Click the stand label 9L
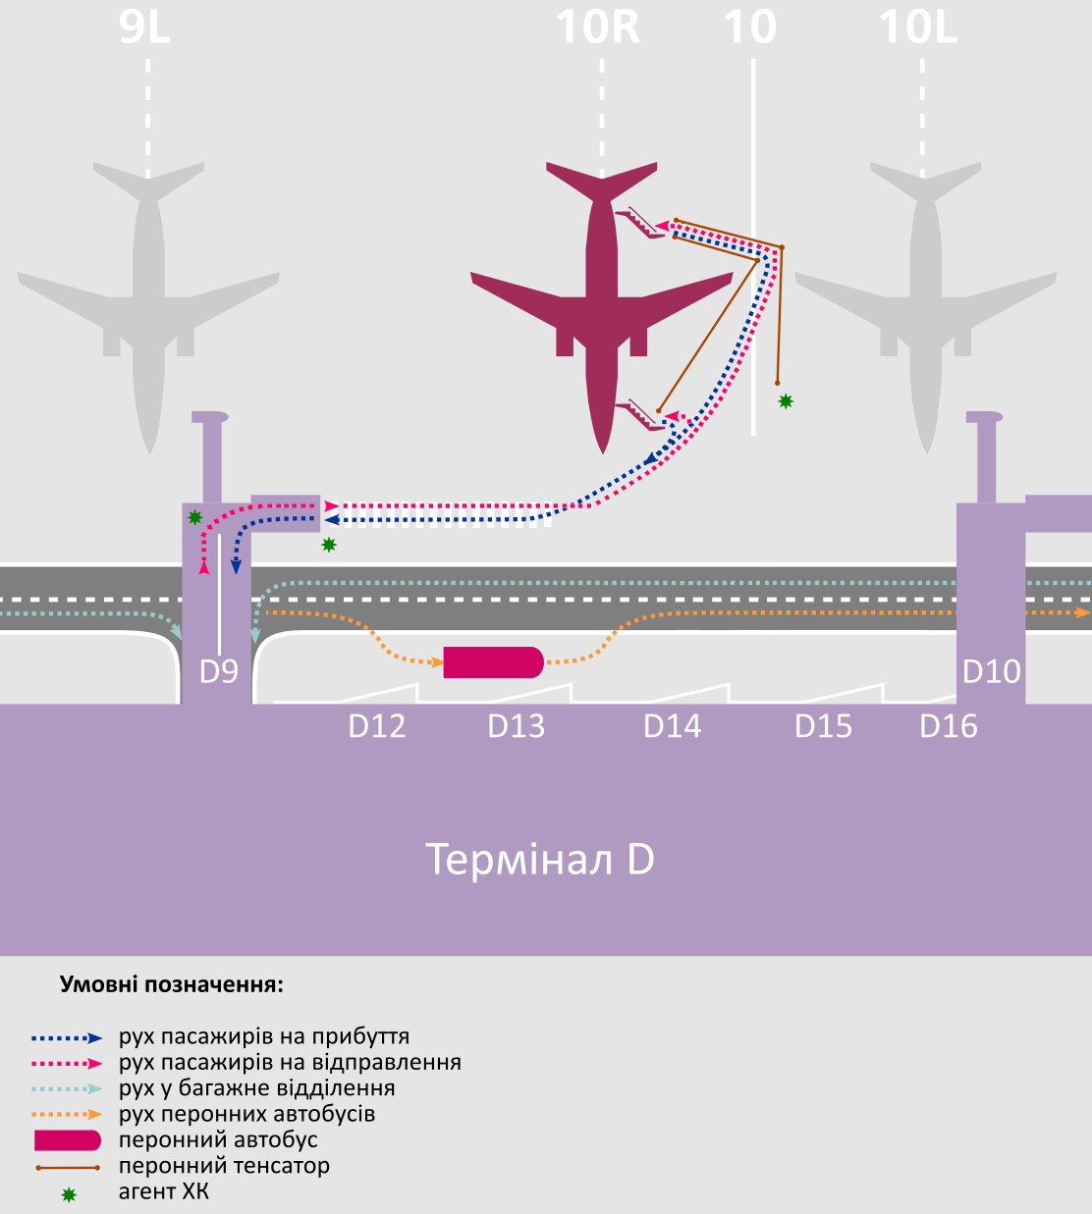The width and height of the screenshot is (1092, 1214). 144,27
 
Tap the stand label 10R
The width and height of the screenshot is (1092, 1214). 598,27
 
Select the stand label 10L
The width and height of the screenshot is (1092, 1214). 917,27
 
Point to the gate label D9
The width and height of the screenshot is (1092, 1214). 219,672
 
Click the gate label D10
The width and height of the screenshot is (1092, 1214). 991,672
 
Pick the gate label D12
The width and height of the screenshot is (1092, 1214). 377,726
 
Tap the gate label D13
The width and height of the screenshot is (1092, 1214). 517,726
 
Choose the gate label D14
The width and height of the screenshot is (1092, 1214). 672,726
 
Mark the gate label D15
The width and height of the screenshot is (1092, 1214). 823,726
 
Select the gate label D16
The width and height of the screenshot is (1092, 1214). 949,726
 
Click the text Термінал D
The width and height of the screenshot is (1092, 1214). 540,860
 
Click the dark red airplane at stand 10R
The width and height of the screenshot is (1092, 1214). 602,294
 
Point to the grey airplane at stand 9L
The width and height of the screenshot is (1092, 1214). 148,294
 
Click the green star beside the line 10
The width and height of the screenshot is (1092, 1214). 786,400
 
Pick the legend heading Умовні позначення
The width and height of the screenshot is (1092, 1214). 172,984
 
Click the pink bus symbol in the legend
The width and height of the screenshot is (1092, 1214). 68,1140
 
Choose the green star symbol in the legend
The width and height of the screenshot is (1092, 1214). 69,1194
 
